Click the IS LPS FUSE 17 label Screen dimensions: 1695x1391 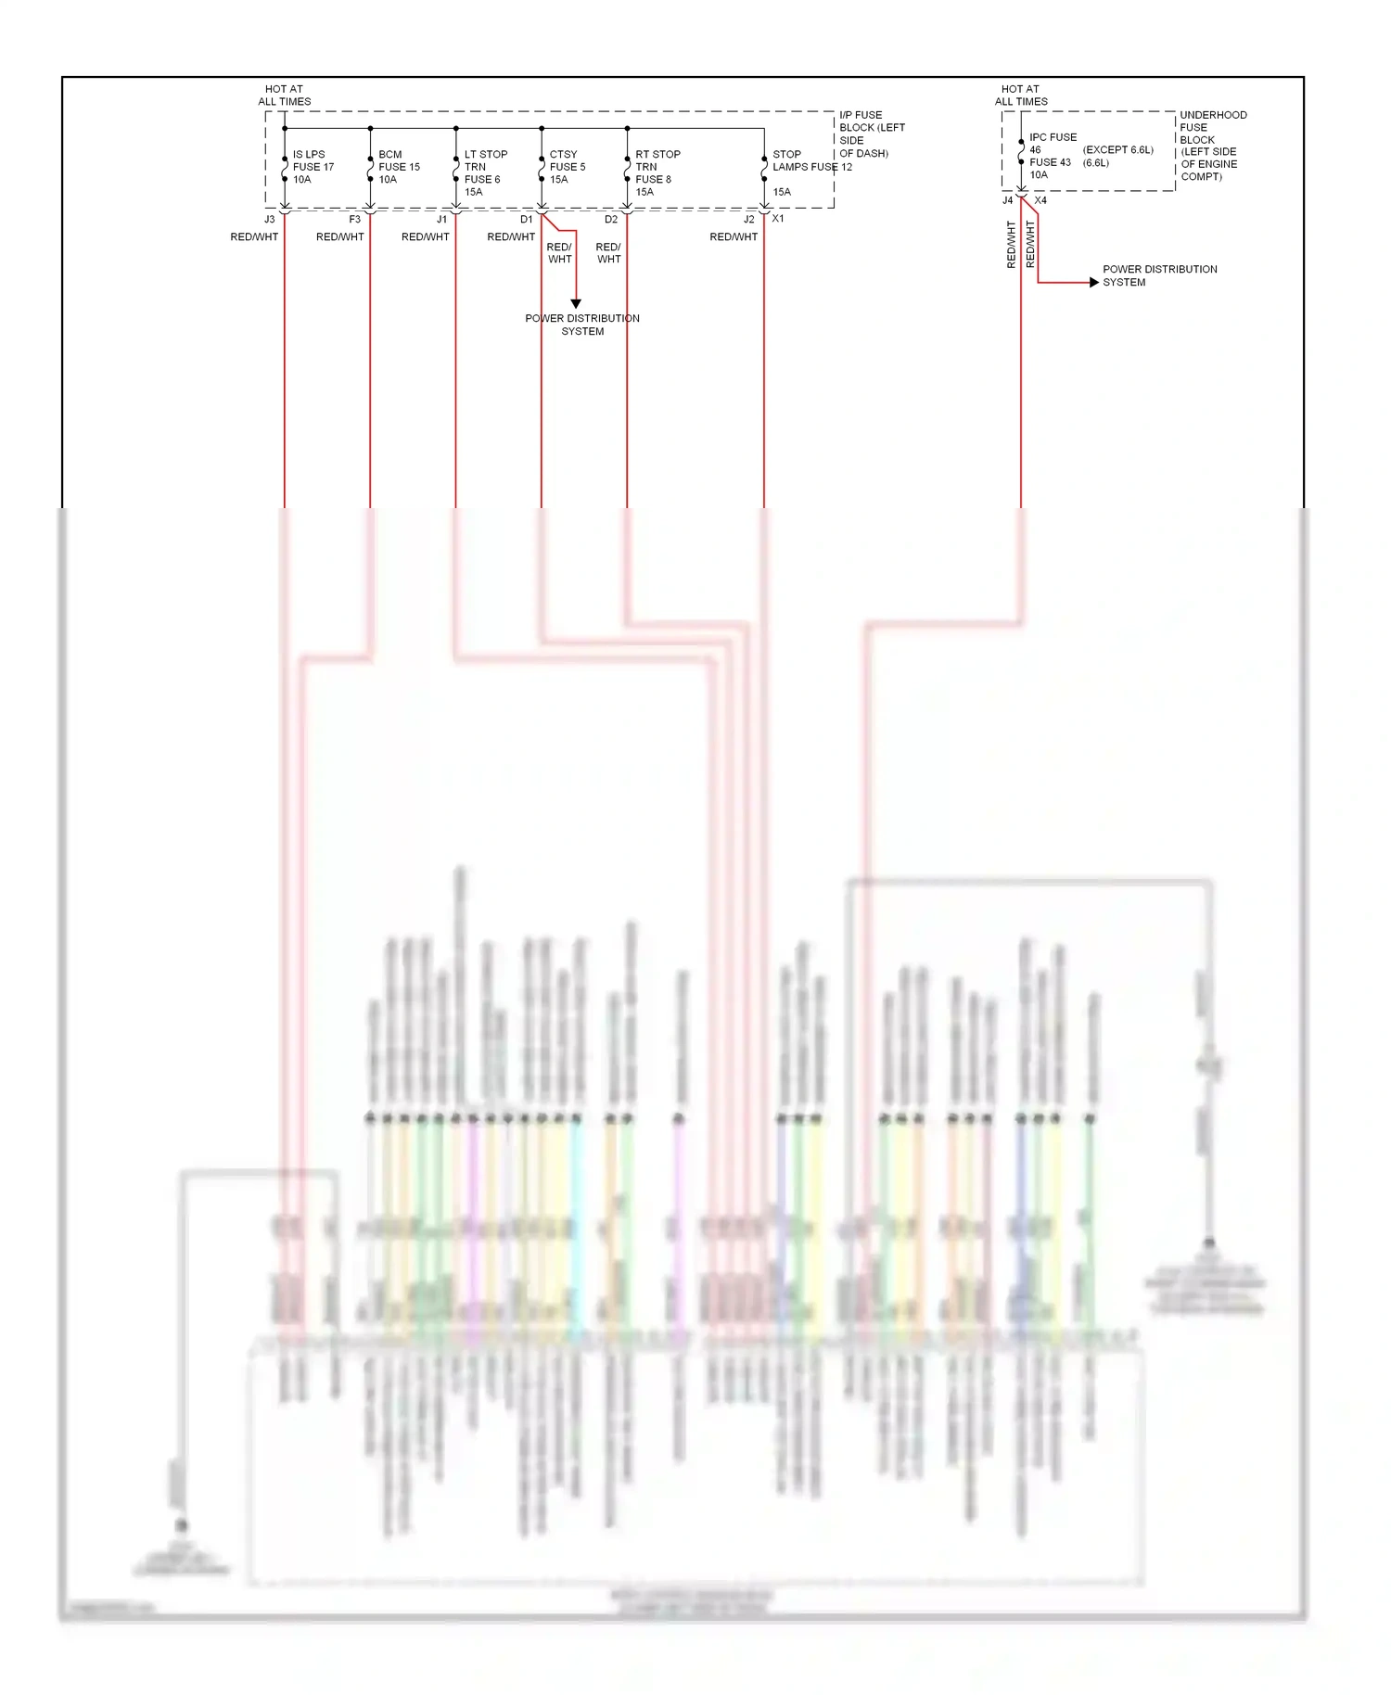pos(313,167)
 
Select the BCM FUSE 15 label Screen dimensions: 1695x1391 pos(399,167)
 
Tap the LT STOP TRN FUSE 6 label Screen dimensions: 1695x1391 pos(485,172)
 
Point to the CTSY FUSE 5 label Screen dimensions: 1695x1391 pos(567,167)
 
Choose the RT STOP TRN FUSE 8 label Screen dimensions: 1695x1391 pos(657,172)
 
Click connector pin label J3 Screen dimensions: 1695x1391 pos(270,220)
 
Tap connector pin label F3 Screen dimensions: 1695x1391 pos(354,220)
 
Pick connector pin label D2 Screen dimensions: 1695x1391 pos(610,220)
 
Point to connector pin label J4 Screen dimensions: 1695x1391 pos(1007,200)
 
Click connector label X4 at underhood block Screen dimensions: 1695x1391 pos(1040,200)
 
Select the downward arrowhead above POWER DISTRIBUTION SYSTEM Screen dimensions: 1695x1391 pos(576,303)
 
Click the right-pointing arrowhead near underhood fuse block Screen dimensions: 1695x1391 pos(1093,282)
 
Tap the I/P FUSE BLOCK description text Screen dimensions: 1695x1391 pos(871,134)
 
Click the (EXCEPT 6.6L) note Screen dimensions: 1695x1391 pos(1117,149)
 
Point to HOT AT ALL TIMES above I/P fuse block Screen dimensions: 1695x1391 pos(284,96)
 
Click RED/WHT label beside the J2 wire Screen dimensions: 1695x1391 pos(734,237)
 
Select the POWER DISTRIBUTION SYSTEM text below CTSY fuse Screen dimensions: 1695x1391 pos(582,325)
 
